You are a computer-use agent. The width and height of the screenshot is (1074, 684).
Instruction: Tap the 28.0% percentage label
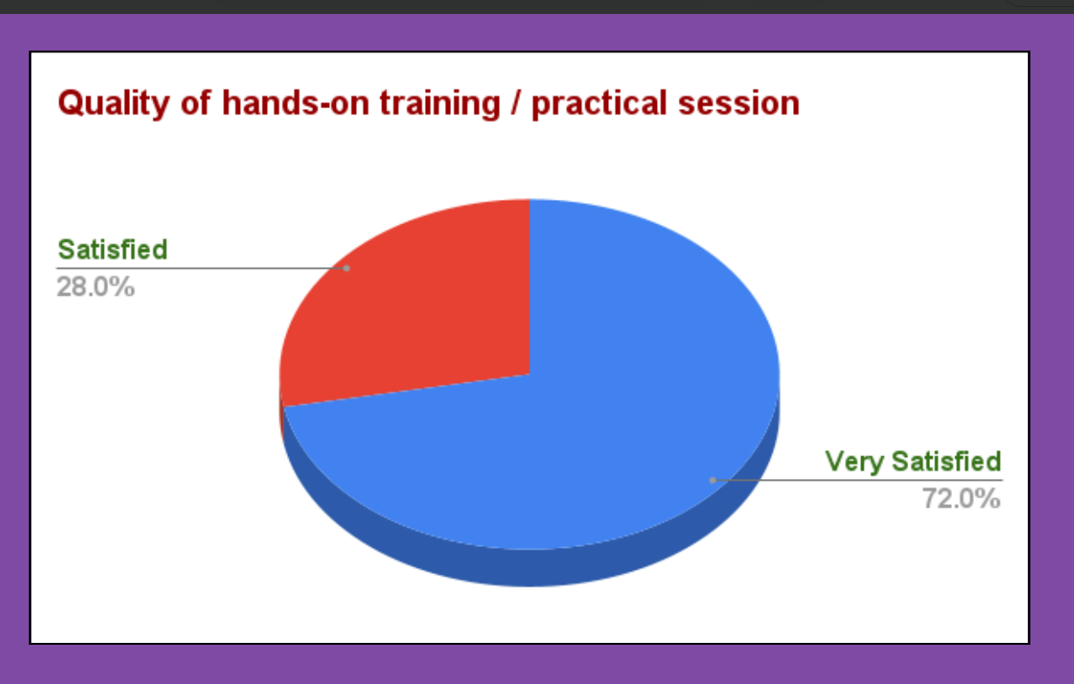point(96,287)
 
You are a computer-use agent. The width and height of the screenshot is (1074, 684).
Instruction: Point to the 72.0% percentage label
point(961,498)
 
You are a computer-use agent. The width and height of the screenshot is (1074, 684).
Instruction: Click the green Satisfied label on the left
point(113,250)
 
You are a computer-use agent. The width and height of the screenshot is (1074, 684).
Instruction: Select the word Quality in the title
point(113,104)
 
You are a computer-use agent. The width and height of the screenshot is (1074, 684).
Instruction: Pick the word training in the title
point(440,104)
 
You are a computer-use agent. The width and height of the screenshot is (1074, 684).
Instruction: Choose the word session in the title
point(739,104)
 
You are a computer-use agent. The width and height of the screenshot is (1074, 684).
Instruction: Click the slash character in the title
point(516,103)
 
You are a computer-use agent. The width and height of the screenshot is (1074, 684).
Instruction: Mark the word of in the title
point(195,103)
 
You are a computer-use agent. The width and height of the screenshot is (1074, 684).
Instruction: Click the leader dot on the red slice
point(346,269)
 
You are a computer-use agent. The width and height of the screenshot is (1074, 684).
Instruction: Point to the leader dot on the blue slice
point(713,480)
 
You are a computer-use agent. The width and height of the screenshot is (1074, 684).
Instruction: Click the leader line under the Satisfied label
point(202,268)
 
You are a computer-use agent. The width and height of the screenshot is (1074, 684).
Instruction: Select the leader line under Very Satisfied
point(858,480)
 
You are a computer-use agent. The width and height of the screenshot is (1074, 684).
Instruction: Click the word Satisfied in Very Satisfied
point(947,462)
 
